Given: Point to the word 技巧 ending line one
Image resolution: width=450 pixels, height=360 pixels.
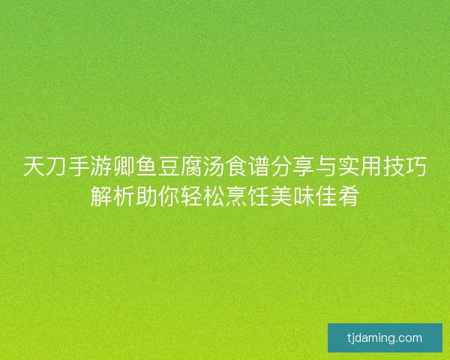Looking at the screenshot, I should [x=406, y=166].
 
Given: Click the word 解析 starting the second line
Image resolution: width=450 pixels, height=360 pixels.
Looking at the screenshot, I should [x=112, y=196].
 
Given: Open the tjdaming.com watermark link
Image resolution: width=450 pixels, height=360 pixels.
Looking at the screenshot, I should [x=385, y=337].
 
